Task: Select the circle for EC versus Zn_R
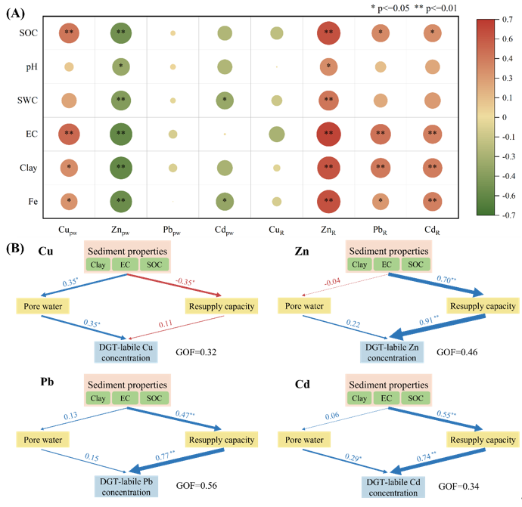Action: point(328,134)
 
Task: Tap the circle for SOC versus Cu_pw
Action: point(69,32)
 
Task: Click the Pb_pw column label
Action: point(173,228)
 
